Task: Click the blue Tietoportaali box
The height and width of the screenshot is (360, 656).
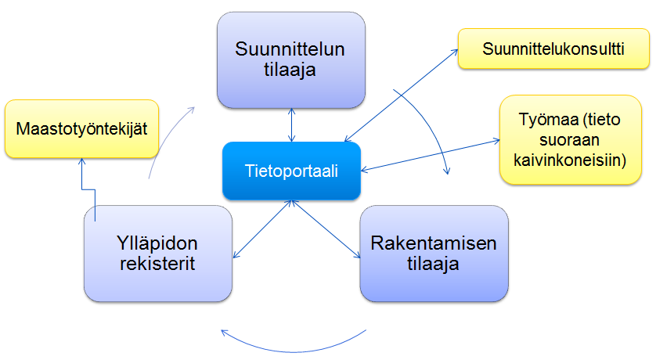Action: [292, 171]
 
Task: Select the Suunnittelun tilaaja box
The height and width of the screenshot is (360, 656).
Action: [291, 60]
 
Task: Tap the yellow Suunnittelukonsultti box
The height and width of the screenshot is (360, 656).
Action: [553, 49]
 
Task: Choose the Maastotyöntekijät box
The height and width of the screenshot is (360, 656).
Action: [81, 129]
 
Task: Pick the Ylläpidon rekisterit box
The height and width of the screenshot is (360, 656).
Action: [158, 254]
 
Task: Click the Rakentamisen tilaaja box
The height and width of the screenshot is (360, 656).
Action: [434, 254]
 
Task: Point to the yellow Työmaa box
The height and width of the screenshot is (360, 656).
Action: [570, 139]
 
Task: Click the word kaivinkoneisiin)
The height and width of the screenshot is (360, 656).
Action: [570, 160]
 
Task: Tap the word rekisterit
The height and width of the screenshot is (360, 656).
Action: [157, 264]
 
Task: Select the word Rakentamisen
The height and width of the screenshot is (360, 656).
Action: [434, 243]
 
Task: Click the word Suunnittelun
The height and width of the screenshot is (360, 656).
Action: [290, 49]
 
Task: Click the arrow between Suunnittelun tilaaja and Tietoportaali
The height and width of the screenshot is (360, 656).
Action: [292, 125]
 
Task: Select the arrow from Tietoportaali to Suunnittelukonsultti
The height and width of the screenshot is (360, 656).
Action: [402, 95]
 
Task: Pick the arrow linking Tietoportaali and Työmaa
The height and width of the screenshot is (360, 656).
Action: [430, 155]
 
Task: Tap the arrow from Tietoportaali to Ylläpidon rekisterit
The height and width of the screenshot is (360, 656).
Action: [262, 229]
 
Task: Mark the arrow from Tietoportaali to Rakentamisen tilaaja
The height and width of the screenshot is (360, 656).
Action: [326, 229]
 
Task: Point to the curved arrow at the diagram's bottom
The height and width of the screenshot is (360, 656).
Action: [293, 351]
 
